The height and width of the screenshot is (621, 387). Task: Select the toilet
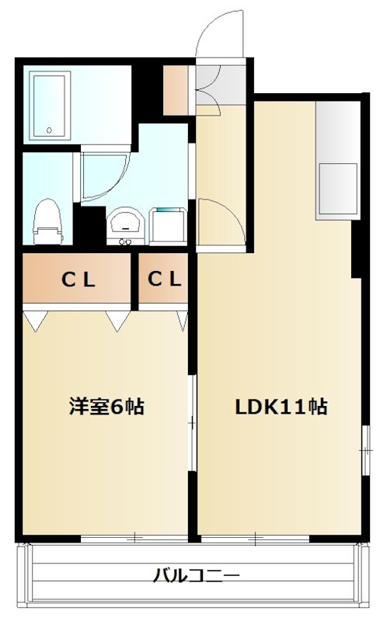tap(47, 220)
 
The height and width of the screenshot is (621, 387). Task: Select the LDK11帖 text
tap(281, 407)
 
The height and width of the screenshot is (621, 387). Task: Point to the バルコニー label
tap(196, 576)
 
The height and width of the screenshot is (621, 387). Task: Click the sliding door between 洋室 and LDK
tap(192, 423)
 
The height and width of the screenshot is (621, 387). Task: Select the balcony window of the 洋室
tap(134, 537)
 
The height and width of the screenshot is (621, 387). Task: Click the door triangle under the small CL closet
tap(183, 319)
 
